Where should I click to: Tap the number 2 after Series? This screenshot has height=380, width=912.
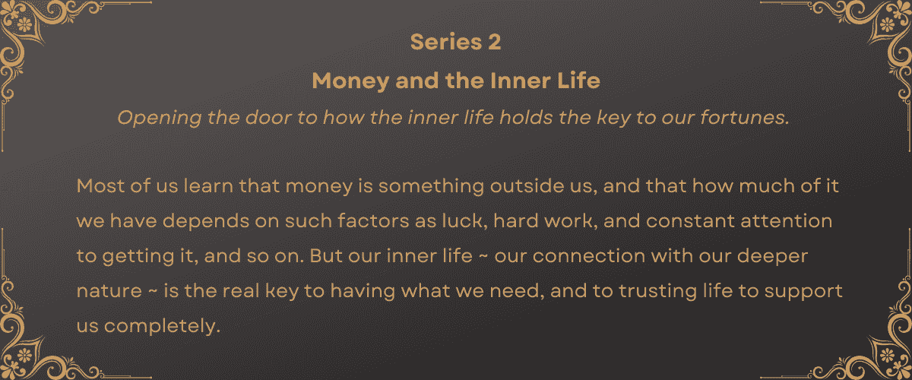[x=494, y=43]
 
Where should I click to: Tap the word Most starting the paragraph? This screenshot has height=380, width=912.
[x=98, y=186]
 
